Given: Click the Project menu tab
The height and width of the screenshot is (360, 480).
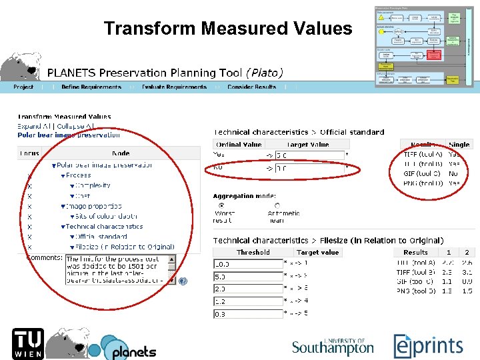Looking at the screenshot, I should pyautogui.click(x=24, y=87).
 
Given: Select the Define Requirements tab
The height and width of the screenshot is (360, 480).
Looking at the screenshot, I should pyautogui.click(x=91, y=87).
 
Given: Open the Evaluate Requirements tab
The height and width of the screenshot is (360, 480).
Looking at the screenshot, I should pyautogui.click(x=173, y=87).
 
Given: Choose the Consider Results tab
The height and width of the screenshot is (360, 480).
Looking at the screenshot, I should pyautogui.click(x=252, y=87).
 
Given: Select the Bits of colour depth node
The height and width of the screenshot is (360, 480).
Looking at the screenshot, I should pyautogui.click(x=107, y=216).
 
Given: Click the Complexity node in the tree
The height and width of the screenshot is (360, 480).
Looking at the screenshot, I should pyautogui.click(x=93, y=185).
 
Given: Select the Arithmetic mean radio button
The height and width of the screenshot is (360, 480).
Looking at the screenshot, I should pyautogui.click(x=277, y=205).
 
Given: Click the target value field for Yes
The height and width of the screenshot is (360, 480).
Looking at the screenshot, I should pyautogui.click(x=309, y=155).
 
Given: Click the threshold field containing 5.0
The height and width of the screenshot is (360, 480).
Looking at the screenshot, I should pyautogui.click(x=248, y=276).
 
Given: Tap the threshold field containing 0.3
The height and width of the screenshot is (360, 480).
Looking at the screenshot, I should pyautogui.click(x=248, y=313).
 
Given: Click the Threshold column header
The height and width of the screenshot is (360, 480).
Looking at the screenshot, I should pyautogui.click(x=253, y=252).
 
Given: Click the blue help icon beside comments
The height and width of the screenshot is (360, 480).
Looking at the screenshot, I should pyautogui.click(x=183, y=281).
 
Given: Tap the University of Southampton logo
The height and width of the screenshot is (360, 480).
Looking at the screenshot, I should pyautogui.click(x=333, y=346).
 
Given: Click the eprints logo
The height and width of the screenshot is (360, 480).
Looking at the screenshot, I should pyautogui.click(x=428, y=345).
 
